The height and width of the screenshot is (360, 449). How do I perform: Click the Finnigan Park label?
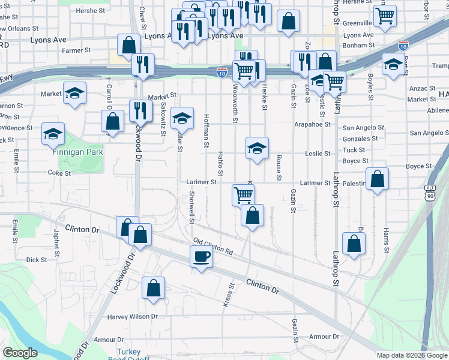[x=77, y=152]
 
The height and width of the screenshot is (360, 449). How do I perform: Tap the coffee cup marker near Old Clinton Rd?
[x=201, y=257]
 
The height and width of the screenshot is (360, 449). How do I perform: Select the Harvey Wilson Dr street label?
[x=132, y=316]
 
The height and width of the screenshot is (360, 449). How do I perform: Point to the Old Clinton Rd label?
[x=213, y=247]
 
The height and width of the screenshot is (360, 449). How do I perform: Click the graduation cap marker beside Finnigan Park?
[x=53, y=134]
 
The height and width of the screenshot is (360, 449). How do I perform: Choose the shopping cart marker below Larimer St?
[x=243, y=194]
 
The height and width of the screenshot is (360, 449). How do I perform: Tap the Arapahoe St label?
[x=313, y=124]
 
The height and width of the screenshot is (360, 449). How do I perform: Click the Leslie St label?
[x=318, y=153]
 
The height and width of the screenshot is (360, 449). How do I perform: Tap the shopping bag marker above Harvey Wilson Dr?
[x=154, y=287]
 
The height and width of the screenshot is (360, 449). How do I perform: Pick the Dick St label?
[x=37, y=260]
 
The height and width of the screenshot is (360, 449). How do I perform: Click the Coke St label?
[x=59, y=173]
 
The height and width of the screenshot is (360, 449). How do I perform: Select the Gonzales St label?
[x=360, y=138]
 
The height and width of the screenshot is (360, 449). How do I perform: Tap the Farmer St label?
[x=76, y=50]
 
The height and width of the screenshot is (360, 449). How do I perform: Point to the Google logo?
[x=20, y=353]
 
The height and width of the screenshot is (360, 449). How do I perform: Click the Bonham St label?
[x=359, y=45]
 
